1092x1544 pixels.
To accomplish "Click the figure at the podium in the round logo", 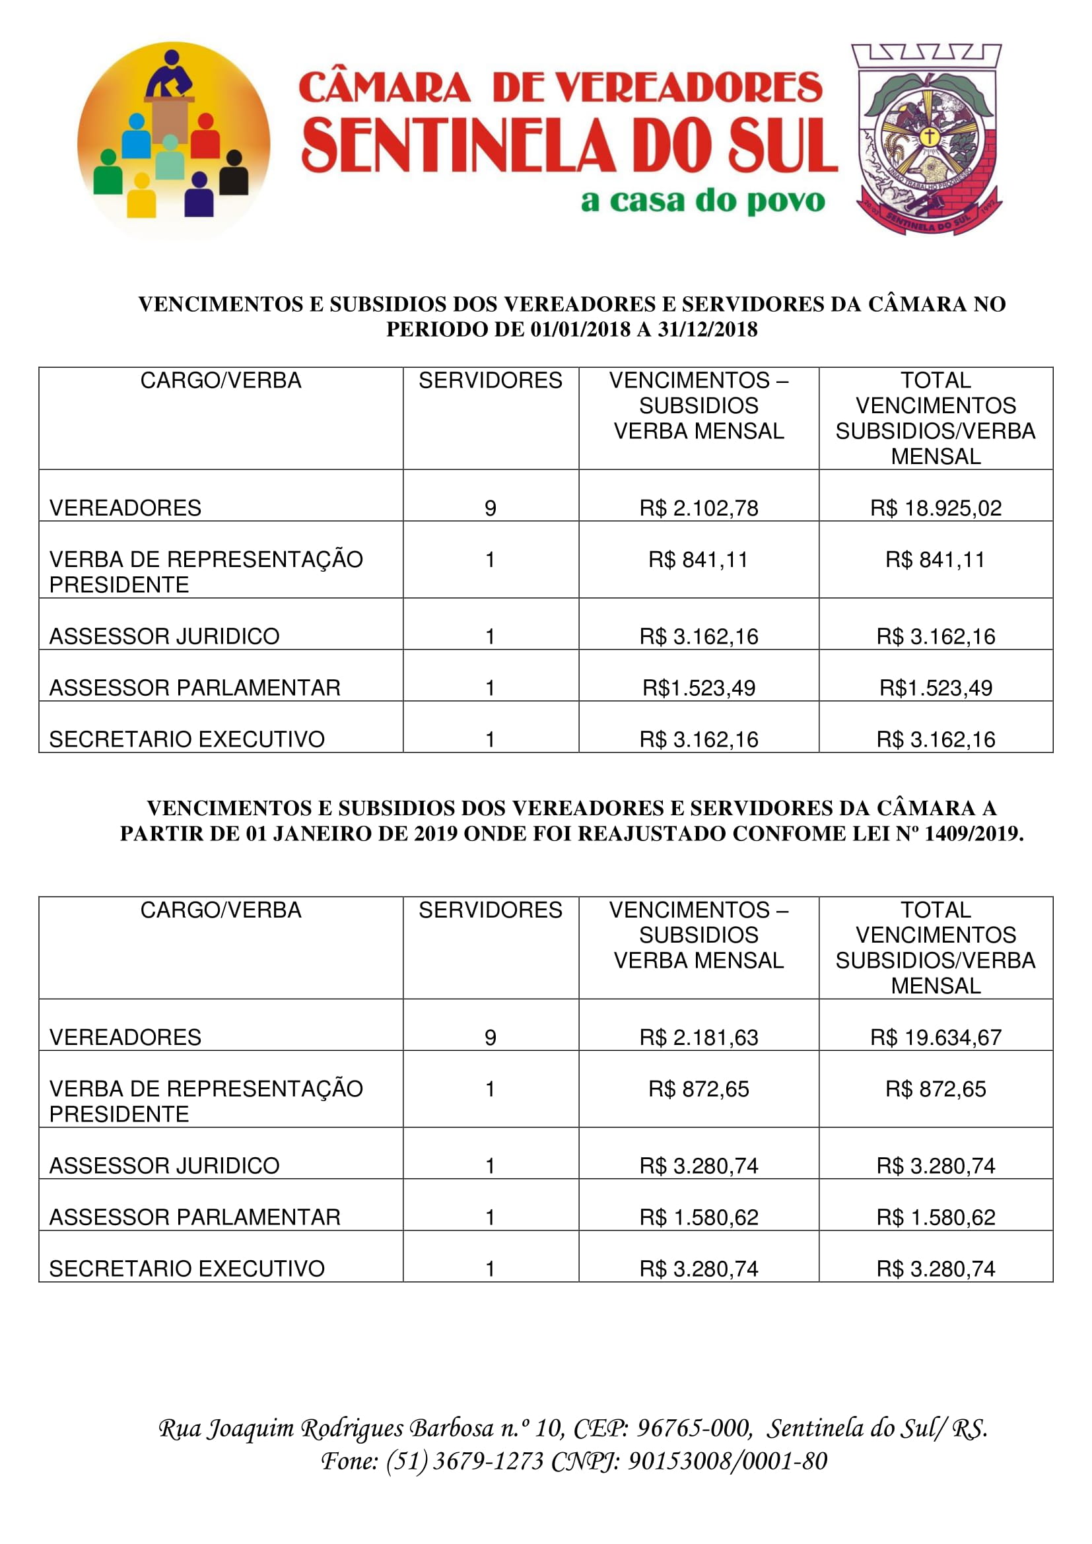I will (x=171, y=75).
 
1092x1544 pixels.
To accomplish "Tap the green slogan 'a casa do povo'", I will (x=702, y=201).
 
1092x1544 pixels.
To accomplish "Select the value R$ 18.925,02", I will (x=936, y=508).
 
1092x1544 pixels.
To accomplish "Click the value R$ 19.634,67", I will (x=936, y=1037).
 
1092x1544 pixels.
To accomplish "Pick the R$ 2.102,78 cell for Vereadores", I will (x=699, y=508).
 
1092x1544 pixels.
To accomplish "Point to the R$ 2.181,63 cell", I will (x=699, y=1037).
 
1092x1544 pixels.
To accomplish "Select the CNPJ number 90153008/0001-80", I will (x=727, y=1461).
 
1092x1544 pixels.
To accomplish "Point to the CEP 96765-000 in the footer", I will (x=694, y=1427).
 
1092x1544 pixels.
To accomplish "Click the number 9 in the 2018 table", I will (x=490, y=508).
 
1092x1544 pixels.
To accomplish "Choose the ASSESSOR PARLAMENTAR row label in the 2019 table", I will (x=195, y=1217).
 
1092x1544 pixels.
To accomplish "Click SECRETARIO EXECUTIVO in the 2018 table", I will (x=187, y=739).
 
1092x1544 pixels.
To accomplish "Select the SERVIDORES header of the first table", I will (x=490, y=381).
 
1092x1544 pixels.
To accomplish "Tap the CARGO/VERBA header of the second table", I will (x=221, y=910).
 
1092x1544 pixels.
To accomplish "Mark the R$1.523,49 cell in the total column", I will (x=936, y=688).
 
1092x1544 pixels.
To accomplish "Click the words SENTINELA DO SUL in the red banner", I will (x=569, y=146).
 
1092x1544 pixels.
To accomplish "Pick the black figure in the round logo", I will (x=234, y=174).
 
